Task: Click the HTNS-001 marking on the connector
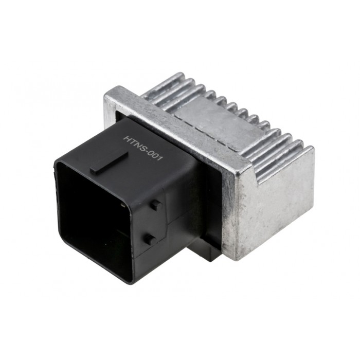(143, 148)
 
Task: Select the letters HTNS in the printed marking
(135, 142)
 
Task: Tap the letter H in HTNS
(127, 138)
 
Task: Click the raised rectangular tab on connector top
(109, 161)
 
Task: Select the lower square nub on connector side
(149, 238)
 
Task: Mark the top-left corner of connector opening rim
(57, 164)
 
